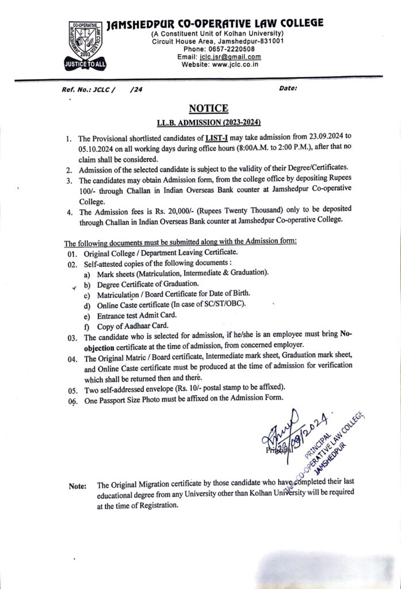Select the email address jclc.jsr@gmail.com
[229, 56]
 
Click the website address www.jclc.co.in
[229, 64]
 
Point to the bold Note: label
[78, 486]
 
